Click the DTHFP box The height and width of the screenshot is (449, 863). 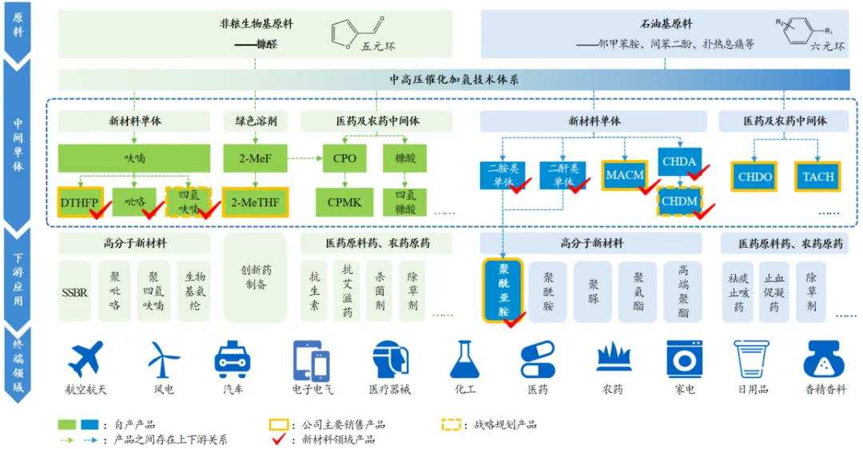(x=78, y=202)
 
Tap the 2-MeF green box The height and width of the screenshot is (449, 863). (x=254, y=158)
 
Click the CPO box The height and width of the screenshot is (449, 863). (x=344, y=158)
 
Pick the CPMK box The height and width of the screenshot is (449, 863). (x=344, y=202)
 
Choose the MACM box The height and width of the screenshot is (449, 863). (x=625, y=175)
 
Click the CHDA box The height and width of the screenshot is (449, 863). (x=678, y=161)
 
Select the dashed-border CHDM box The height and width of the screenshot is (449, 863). (x=679, y=201)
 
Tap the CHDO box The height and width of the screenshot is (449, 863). (x=754, y=177)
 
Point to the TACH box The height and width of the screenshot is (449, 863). (x=817, y=177)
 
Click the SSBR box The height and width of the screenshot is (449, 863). (x=75, y=292)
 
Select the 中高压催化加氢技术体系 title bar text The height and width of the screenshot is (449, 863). (x=454, y=80)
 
